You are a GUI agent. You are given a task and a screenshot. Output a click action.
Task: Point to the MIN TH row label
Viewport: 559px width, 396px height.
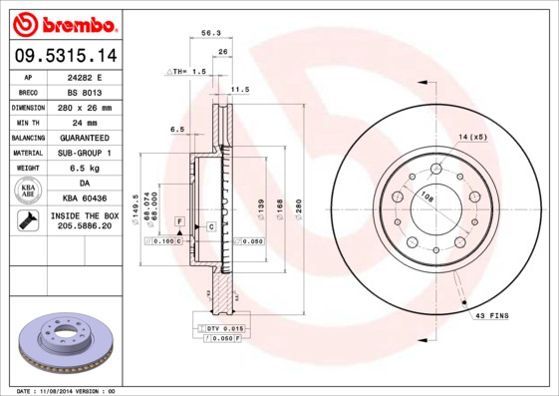[x=27, y=122]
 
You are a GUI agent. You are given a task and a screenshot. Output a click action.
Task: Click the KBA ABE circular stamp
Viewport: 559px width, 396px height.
[x=27, y=191]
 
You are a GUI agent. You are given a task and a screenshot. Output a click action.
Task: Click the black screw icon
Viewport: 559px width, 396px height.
[x=27, y=220]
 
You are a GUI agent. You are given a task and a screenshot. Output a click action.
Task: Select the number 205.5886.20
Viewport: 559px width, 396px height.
[x=84, y=226]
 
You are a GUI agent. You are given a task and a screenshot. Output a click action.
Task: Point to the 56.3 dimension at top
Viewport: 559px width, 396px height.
[x=210, y=33]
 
